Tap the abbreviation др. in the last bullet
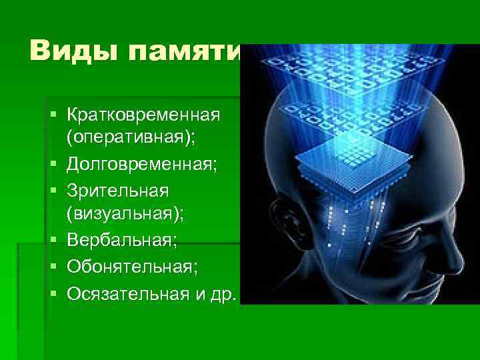[x=223, y=293]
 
